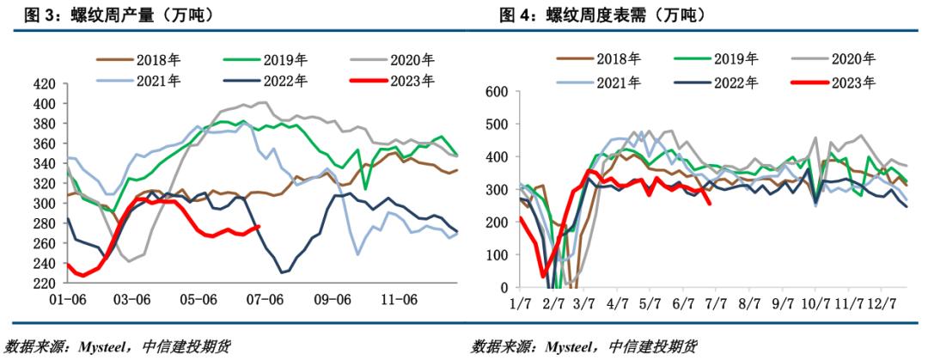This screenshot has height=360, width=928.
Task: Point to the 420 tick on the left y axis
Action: coord(44,84)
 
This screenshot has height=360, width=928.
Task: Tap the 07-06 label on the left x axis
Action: coord(265,299)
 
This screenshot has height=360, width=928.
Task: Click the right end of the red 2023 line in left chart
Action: coord(259,227)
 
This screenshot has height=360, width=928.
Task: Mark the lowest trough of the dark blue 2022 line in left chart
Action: coord(283,272)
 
